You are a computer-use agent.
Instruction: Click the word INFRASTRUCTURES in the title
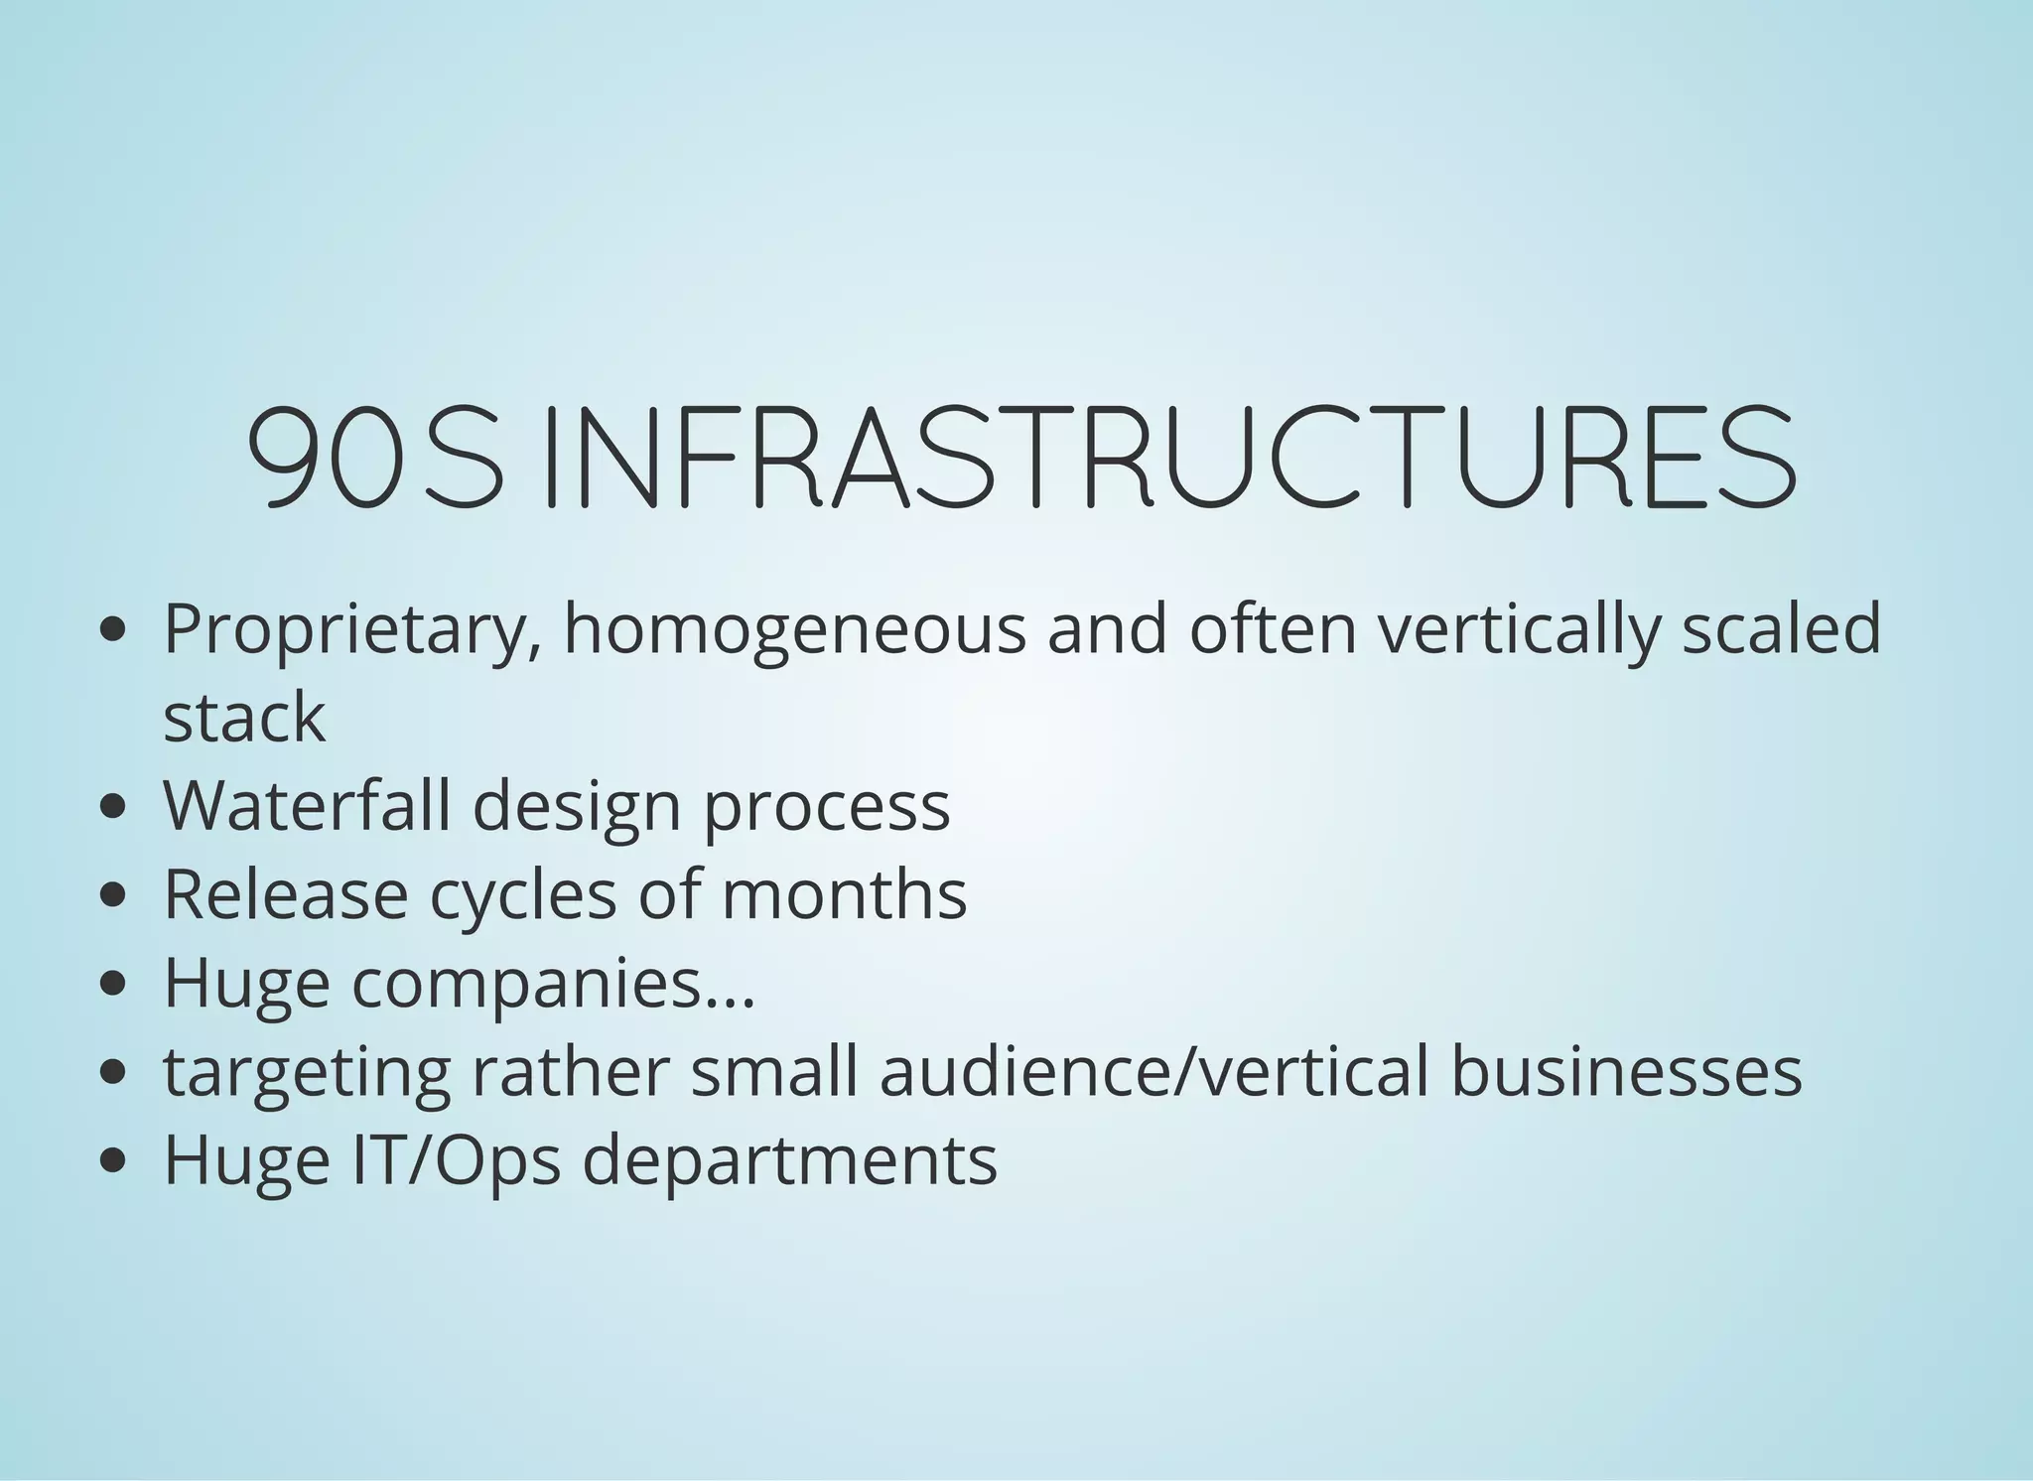tap(1171, 458)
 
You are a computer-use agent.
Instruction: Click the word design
tap(577, 806)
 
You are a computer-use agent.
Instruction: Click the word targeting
tap(307, 1072)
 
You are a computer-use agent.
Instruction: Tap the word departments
tap(789, 1159)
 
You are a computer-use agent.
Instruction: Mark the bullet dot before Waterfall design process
tap(114, 806)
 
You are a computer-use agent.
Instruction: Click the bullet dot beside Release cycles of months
tap(114, 894)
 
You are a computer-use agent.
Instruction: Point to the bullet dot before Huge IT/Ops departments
tap(114, 1159)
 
